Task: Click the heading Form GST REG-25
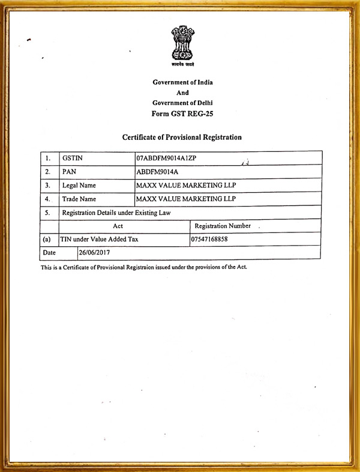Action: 182,113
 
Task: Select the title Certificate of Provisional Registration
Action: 182,137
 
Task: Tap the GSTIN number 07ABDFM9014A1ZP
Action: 167,159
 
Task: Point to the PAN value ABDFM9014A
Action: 158,172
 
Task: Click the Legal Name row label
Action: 79,186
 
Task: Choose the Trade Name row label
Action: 79,199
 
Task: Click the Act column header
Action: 118,226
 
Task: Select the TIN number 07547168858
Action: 209,240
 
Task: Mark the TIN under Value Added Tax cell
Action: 99,240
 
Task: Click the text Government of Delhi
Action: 182,103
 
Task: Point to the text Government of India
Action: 182,82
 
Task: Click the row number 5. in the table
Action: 47,213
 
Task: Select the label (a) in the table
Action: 47,240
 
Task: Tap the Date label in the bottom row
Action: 49,253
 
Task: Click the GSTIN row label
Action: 72,159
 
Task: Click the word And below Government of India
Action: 182,93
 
